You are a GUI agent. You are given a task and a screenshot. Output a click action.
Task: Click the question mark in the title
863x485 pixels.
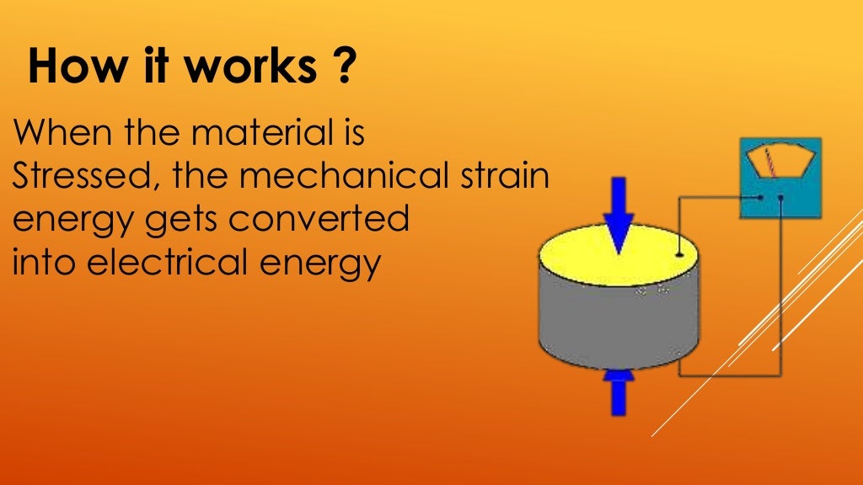point(339,67)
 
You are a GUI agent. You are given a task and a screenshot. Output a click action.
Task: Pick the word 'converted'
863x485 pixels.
point(319,221)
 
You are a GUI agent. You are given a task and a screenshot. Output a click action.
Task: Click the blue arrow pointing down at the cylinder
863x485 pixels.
point(619,214)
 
